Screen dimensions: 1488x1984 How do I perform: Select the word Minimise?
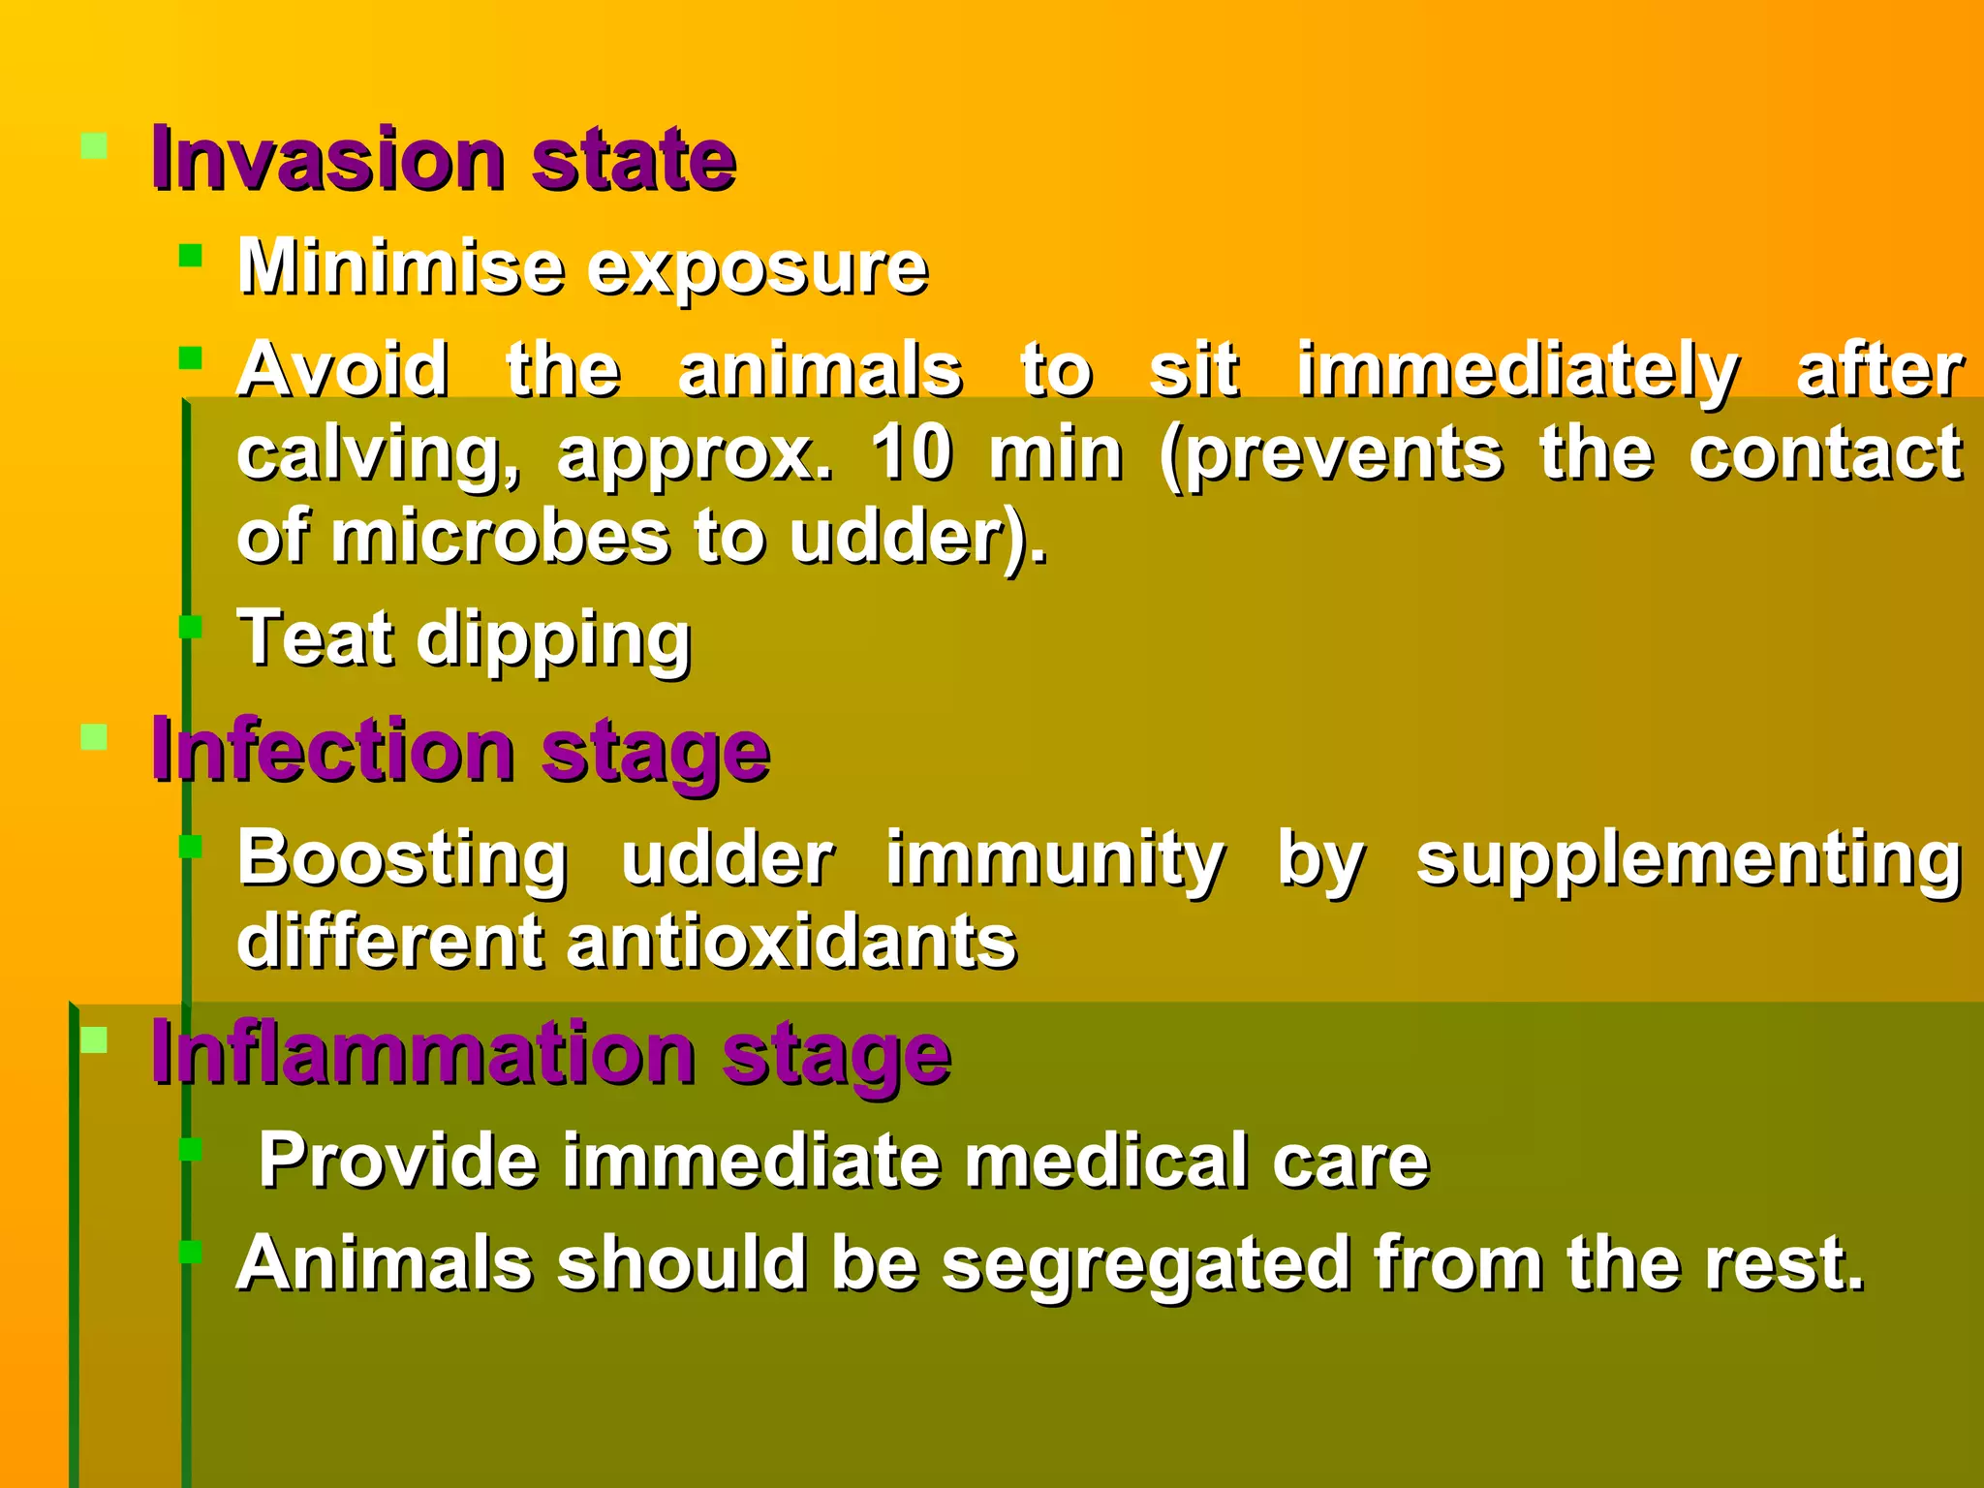[401, 266]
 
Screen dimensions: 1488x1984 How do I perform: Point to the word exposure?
[758, 269]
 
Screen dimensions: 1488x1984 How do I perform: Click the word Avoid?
[344, 370]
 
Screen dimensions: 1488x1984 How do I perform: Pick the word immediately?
[1517, 372]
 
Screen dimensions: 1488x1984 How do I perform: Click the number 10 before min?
[912, 452]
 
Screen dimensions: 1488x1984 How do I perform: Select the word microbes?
[501, 538]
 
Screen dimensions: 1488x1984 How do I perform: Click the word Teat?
[316, 638]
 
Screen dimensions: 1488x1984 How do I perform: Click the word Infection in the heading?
[333, 751]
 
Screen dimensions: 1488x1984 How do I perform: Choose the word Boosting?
[403, 859]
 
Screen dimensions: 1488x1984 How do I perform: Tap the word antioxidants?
[791, 943]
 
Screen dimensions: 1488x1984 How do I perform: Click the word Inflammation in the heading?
[423, 1054]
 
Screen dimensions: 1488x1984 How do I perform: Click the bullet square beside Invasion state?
[94, 146]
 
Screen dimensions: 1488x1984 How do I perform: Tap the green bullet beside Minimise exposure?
[191, 255]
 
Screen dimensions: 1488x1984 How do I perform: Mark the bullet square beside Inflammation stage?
[94, 1040]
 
